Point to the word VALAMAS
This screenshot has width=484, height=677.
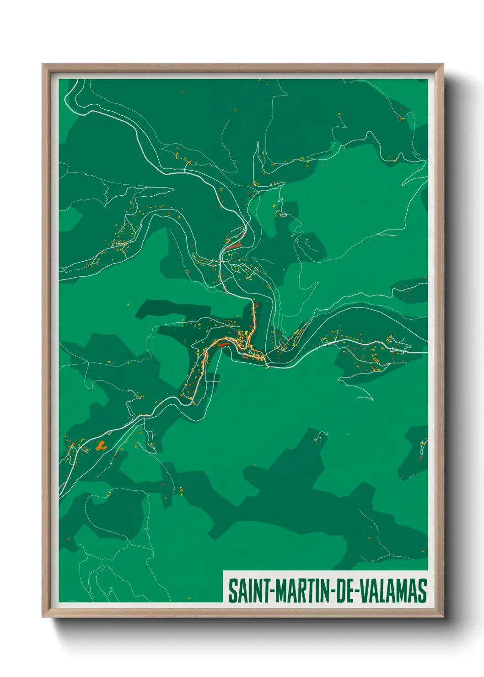[393, 591]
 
